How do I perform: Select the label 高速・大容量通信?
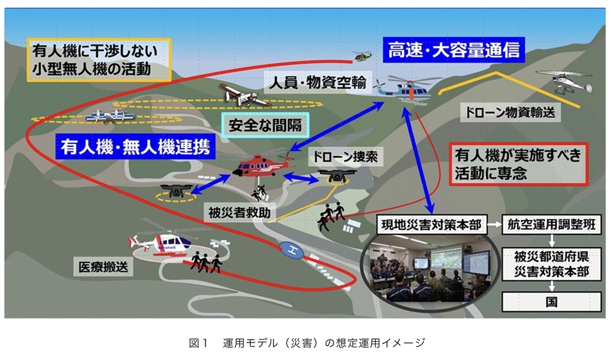pos(454,50)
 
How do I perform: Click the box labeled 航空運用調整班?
pos(551,225)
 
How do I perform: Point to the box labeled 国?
pos(551,302)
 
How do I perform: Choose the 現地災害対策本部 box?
pos(432,225)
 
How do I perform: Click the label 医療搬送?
pos(103,267)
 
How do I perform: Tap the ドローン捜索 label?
pos(345,156)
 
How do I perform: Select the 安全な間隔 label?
pos(265,125)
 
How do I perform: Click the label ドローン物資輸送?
pos(510,112)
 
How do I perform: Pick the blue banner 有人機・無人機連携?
pos(135,147)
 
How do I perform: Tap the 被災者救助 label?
pos(239,212)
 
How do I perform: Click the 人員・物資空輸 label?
pos(318,82)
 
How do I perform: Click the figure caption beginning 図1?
pos(307,343)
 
